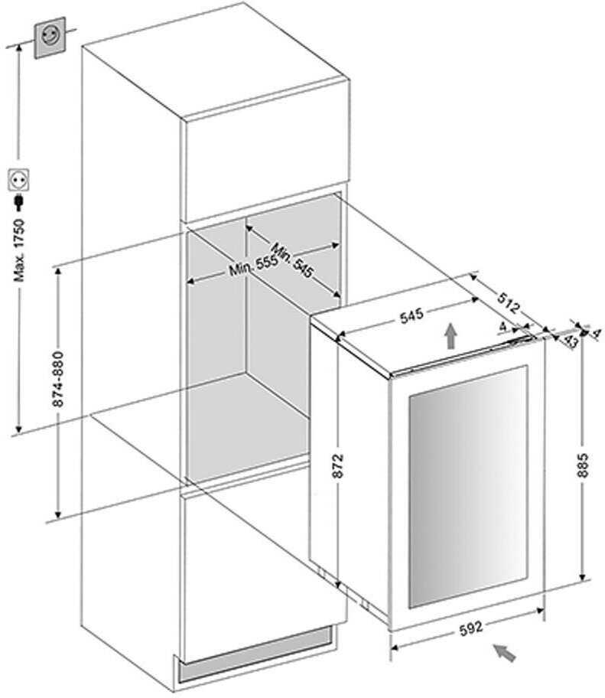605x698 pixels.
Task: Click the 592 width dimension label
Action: point(471,628)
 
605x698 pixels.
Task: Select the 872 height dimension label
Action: point(338,465)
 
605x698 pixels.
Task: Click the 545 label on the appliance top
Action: point(411,315)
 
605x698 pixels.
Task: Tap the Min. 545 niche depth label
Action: point(293,260)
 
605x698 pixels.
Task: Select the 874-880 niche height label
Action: point(58,379)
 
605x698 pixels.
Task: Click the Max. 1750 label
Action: point(20,250)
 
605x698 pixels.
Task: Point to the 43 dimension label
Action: point(571,342)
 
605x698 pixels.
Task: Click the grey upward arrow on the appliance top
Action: point(451,336)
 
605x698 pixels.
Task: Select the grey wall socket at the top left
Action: point(50,38)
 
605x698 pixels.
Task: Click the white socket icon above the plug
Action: point(19,181)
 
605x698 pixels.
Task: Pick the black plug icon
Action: point(18,203)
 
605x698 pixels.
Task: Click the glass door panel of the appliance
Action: point(468,487)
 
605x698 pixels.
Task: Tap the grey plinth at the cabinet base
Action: point(255,653)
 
